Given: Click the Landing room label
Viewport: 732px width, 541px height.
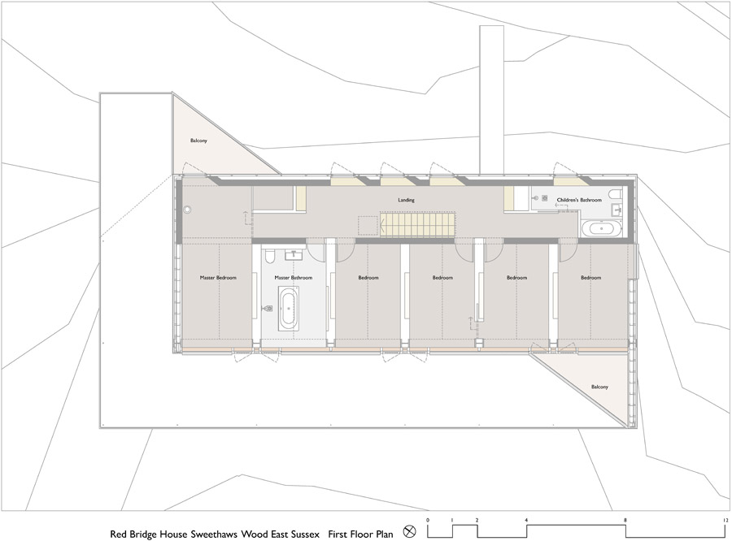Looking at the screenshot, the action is point(406,200).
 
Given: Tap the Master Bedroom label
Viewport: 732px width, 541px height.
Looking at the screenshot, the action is point(218,278).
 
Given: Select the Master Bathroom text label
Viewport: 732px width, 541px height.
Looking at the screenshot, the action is point(293,278).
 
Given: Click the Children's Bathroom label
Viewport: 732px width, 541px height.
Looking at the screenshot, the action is point(579,200).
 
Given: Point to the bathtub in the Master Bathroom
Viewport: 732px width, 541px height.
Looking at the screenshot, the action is point(289,309).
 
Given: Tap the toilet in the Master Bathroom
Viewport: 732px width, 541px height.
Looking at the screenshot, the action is point(270,256).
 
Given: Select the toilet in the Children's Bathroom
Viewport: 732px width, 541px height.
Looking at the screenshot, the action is point(616,193).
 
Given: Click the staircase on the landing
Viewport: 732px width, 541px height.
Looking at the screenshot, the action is point(417,224).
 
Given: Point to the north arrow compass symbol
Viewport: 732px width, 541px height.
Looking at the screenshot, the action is point(409,531).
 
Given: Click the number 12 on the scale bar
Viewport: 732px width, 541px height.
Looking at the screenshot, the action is point(725,520).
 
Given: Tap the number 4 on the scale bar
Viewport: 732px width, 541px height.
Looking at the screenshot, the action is point(526,520).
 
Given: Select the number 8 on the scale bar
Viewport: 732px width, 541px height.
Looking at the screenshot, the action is point(625,520).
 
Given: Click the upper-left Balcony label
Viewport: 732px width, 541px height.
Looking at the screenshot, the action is point(198,141).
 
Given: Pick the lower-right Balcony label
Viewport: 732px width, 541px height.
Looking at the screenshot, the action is point(599,387).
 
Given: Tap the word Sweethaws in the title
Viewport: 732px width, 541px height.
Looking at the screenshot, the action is point(214,534).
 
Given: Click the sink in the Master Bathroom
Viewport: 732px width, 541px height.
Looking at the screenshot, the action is point(293,254).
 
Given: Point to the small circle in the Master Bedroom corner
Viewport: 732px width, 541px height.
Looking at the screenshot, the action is point(188,210).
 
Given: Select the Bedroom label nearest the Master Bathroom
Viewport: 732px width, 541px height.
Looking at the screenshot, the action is point(368,278).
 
